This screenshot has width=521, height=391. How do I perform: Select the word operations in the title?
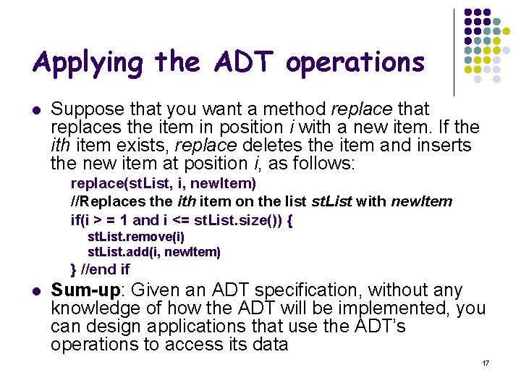point(355,63)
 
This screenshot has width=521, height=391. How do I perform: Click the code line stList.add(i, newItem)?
point(154,252)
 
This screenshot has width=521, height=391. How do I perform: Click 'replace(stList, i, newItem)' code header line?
point(164,183)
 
